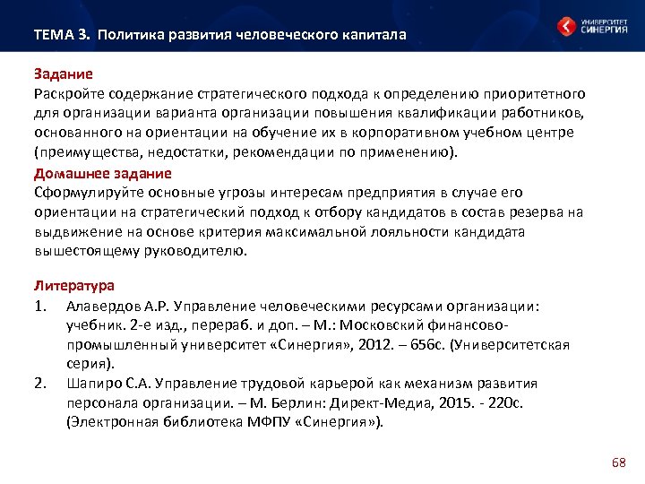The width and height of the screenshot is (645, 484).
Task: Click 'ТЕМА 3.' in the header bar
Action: [x=62, y=35]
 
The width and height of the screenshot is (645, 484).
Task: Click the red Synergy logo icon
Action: [x=566, y=27]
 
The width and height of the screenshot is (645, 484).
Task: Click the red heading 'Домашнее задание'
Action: [x=102, y=172]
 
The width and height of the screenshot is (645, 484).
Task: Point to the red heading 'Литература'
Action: [x=74, y=286]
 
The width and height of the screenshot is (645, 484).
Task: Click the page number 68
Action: [x=618, y=462]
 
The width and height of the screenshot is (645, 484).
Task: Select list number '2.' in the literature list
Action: [x=40, y=384]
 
